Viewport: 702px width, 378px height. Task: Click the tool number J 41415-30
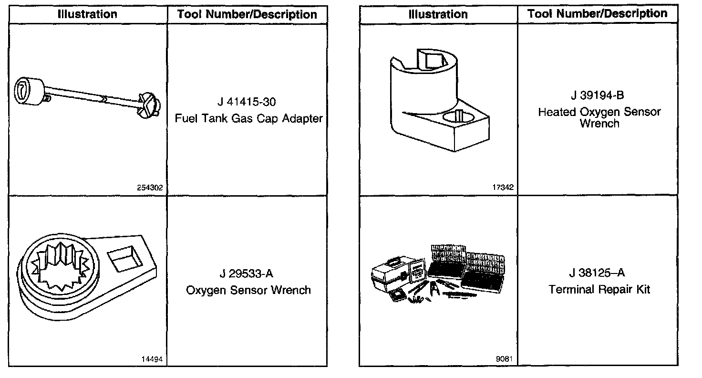tap(246, 102)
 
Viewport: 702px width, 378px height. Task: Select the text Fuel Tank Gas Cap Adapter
tap(248, 118)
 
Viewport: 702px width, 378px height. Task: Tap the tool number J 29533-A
tap(247, 274)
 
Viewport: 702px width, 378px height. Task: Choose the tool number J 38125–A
tap(599, 273)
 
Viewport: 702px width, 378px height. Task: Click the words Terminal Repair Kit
tap(599, 289)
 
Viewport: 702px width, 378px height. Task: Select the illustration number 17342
tap(504, 188)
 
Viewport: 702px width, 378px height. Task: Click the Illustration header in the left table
tap(87, 14)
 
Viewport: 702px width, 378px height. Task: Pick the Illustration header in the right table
tap(438, 15)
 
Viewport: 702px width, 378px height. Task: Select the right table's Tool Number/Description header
tap(597, 14)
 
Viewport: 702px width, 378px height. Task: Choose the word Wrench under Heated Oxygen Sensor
tap(599, 124)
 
